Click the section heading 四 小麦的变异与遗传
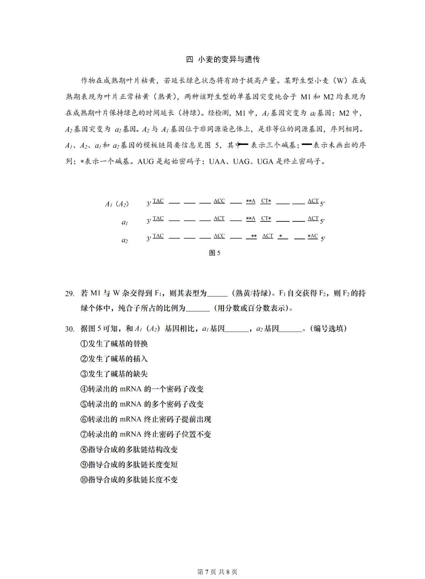tap(223, 60)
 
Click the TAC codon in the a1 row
tap(158, 218)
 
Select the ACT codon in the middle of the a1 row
tap(219, 218)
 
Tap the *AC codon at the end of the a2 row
tap(313, 236)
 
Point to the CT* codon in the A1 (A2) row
tap(266, 201)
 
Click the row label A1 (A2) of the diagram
tap(117, 204)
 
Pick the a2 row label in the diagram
tap(125, 240)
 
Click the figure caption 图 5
tap(215, 253)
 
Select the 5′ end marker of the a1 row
tap(322, 221)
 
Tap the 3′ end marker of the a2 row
tap(149, 239)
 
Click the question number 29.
tap(70, 294)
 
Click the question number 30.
tap(70, 329)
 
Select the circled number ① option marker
tap(84, 344)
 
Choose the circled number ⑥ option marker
tap(84, 419)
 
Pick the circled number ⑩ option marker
tap(84, 480)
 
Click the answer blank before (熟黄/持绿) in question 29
tap(217, 294)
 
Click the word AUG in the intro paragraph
tap(146, 161)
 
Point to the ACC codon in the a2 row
tap(219, 236)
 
